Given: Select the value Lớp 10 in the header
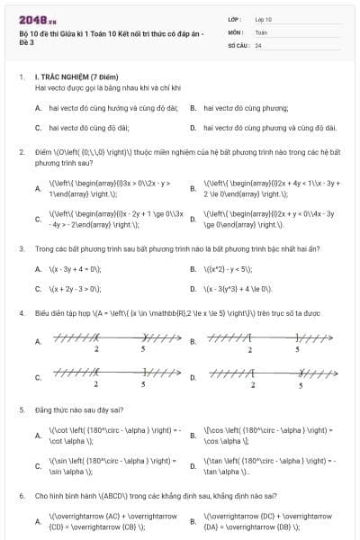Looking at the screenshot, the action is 264,19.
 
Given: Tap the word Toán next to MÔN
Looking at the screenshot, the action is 261,31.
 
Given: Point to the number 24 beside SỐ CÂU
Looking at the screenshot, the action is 258,44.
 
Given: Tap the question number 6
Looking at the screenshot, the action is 21,495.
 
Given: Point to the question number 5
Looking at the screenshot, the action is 21,409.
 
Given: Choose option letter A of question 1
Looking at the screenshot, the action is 38,107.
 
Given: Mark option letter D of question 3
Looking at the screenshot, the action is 193,289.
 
